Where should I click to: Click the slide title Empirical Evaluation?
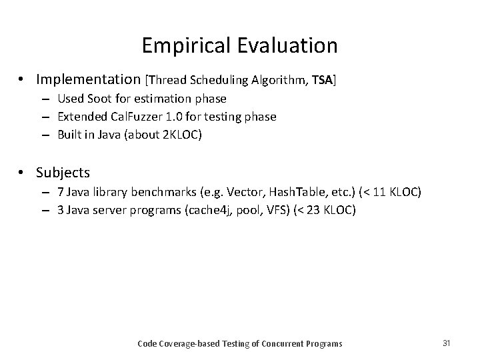(x=239, y=45)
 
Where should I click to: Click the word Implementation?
(x=88, y=80)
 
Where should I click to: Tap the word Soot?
(x=96, y=99)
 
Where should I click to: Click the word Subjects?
(x=63, y=173)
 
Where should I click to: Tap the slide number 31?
(x=446, y=343)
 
